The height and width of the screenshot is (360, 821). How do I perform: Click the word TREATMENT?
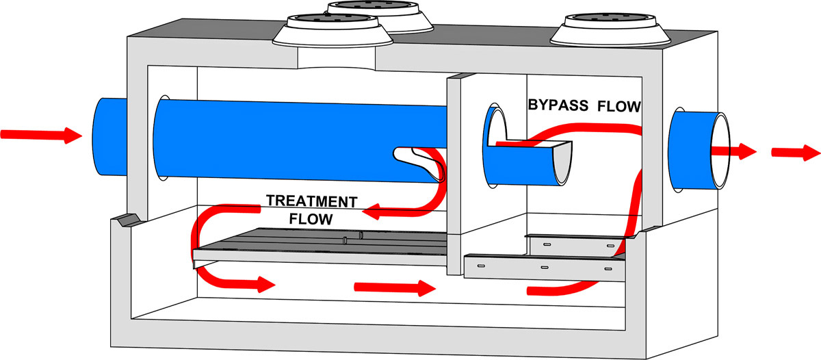tap(311, 202)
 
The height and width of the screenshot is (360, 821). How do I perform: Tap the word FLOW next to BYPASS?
tap(618, 106)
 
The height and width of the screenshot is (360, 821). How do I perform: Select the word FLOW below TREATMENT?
tap(311, 220)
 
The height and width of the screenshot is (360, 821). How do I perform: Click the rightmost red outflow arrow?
tap(795, 151)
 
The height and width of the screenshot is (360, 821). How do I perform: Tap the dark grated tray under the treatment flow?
tap(322, 241)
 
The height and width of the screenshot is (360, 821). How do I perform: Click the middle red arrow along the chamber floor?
tap(394, 287)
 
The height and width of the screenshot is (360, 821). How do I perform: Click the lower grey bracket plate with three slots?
tap(544, 268)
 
